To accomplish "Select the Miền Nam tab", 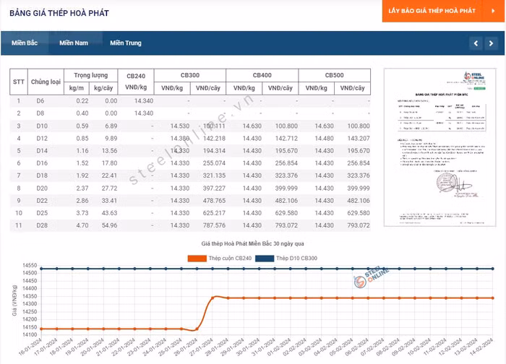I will click(x=74, y=43).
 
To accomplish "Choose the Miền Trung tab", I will click(x=126, y=43).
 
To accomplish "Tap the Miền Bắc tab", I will click(x=25, y=43).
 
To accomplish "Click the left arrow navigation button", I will click(x=475, y=43).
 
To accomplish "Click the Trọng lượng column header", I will click(x=91, y=75).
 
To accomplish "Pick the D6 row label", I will click(x=40, y=101).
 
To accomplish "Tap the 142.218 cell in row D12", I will click(x=210, y=138).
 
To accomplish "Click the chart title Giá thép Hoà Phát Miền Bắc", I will click(x=253, y=246).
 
